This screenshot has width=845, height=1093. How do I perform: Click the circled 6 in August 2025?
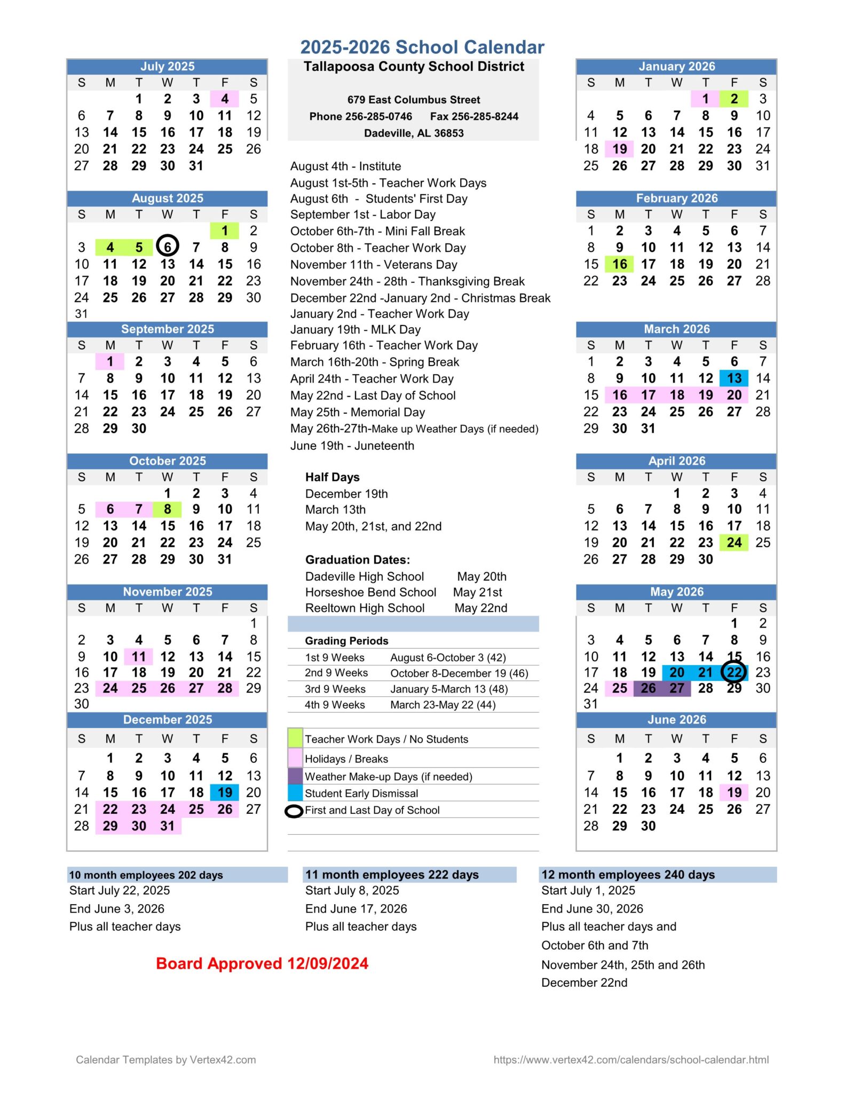[x=168, y=247]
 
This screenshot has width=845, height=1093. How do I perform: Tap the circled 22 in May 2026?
[x=734, y=672]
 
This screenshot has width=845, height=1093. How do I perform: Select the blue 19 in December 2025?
[x=225, y=793]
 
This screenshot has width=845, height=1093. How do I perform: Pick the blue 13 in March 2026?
[x=734, y=378]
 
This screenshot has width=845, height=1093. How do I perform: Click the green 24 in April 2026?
[x=734, y=543]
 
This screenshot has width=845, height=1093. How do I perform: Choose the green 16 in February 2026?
[x=619, y=264]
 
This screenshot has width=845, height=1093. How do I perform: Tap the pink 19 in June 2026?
[x=734, y=793]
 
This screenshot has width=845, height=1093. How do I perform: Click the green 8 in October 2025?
[x=168, y=510]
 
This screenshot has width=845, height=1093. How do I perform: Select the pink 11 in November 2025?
[x=139, y=656]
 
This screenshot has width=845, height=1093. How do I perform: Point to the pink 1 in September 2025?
[x=110, y=362]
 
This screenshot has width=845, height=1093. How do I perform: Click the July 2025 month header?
[x=167, y=67]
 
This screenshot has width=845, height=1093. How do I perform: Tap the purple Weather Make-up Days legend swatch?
[x=295, y=776]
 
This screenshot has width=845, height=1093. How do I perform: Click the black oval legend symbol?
[x=294, y=811]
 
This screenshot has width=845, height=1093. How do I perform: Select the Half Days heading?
[x=332, y=477]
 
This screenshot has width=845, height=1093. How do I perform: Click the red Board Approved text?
[x=262, y=963]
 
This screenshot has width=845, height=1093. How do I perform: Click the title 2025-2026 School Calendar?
[x=422, y=47]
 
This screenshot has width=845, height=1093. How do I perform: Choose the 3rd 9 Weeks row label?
[x=335, y=689]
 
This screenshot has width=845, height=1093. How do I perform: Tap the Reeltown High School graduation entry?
[x=365, y=608]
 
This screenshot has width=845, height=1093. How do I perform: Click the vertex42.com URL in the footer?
[x=631, y=1060]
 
